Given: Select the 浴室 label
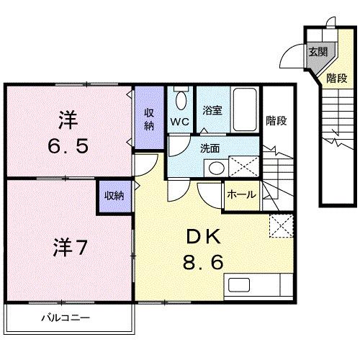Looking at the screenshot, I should coord(212,110).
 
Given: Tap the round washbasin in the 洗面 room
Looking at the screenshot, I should coord(214,168).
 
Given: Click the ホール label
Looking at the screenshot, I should coord(240,194).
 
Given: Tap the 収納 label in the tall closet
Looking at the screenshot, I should coord(149,119).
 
